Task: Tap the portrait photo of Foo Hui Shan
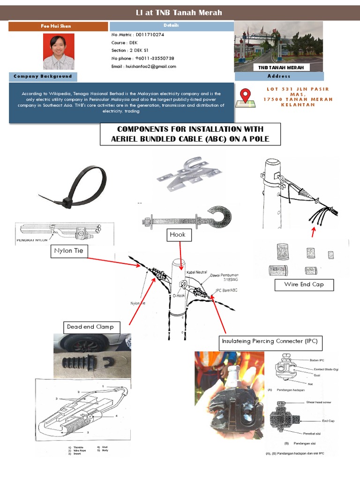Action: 59,52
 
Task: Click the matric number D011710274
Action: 150,35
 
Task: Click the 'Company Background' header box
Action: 43,76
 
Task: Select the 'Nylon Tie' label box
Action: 68,251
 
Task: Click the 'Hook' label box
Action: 178,234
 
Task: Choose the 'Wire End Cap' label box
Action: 304,285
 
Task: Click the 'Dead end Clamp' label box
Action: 90,327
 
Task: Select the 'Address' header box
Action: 279,76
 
